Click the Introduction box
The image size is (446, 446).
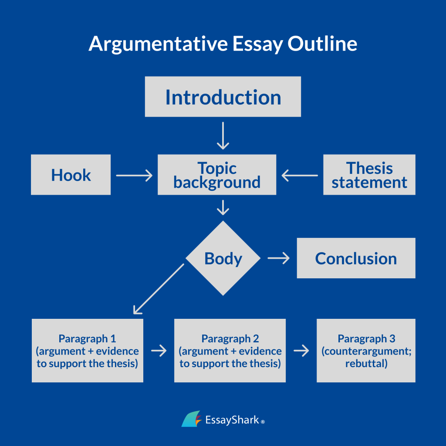pos(223,97)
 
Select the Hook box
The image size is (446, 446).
pos(71,175)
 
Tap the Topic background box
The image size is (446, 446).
pos(216,175)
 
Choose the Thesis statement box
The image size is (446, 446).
pos(369,175)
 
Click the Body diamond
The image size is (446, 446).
pos(223,258)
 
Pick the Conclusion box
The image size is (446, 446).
pos(356,258)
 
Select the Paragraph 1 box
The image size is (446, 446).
pos(87,351)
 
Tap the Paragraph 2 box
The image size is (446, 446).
pos(230,351)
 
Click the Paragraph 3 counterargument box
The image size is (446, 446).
pos(366,351)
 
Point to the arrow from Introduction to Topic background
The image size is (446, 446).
pos(223,135)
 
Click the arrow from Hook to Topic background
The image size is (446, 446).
pos(134,176)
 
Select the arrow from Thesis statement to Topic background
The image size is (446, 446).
pos(300,176)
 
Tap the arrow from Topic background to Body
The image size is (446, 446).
pos(223,207)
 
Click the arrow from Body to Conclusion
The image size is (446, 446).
pos(279,258)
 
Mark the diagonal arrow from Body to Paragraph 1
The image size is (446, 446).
pos(158,289)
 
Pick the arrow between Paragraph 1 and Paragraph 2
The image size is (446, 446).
pos(159,351)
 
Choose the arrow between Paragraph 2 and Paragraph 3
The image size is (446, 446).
pos(301,351)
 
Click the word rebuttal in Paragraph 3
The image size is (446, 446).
pos(366,363)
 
